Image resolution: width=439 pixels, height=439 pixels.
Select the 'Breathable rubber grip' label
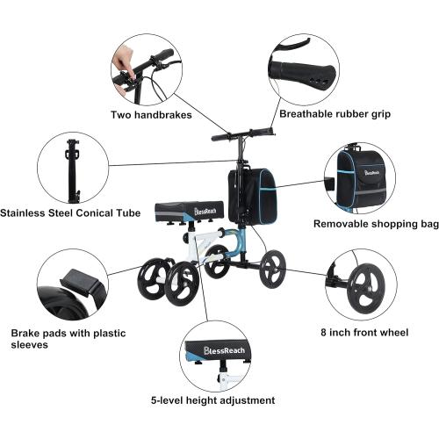coord(335,113)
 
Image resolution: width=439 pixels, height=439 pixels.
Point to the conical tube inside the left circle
coord(72,167)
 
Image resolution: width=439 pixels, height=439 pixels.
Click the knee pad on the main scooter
coord(189,211)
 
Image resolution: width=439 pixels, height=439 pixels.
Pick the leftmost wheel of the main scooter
coord(151,280)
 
